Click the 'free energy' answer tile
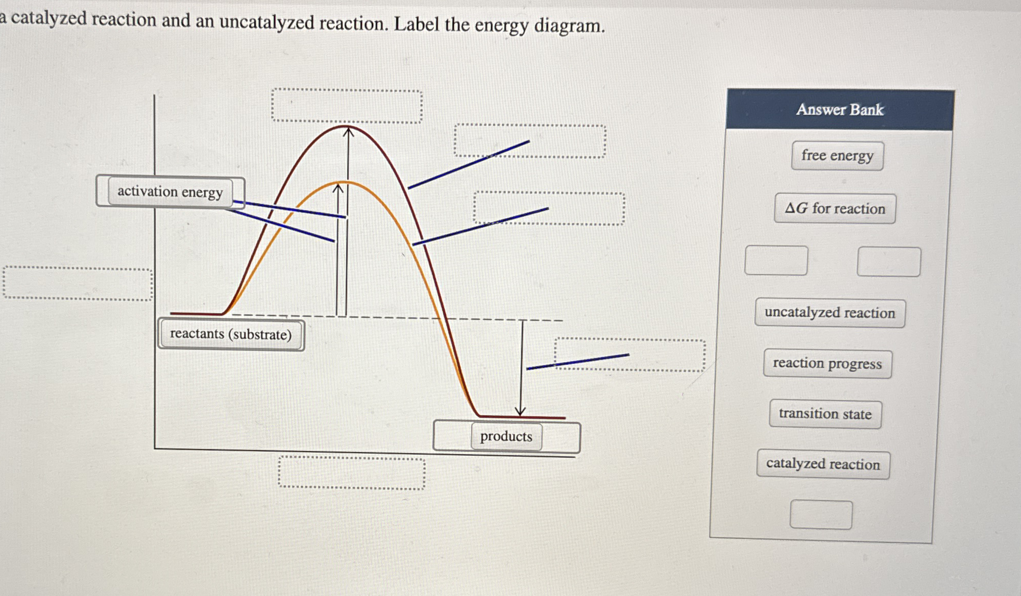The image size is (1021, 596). click(837, 156)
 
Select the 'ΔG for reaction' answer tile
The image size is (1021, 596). click(835, 208)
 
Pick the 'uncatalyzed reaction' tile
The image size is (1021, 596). click(830, 313)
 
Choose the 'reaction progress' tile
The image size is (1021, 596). click(827, 363)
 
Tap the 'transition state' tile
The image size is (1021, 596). click(825, 414)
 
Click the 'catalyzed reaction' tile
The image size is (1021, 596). click(823, 464)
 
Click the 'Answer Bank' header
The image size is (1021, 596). click(840, 110)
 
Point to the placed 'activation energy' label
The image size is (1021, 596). click(170, 192)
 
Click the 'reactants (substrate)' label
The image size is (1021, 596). click(231, 334)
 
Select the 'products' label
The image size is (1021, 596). click(506, 436)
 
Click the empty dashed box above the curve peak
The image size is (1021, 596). click(347, 106)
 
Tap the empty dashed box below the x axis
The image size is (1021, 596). click(351, 473)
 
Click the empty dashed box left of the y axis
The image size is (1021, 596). click(78, 284)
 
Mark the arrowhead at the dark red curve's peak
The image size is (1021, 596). click(348, 132)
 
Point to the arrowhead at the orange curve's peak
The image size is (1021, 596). click(338, 188)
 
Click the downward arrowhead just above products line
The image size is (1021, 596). click(520, 411)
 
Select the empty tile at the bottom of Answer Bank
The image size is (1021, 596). click(821, 515)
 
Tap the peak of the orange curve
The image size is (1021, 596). click(345, 182)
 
